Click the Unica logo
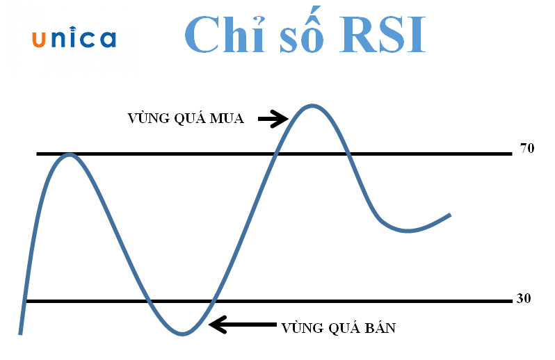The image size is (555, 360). [74, 39]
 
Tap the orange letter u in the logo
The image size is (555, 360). [39, 40]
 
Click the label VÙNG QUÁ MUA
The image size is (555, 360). [186, 118]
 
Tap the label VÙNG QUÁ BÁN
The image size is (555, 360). [339, 327]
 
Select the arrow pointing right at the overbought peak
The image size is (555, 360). [273, 120]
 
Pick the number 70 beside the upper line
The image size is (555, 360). [526, 148]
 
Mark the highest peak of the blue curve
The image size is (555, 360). [312, 106]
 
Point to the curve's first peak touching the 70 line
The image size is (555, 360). [69, 154]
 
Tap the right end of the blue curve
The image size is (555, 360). [450, 215]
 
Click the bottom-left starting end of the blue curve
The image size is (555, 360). [20, 332]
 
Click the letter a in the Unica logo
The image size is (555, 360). [107, 40]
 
